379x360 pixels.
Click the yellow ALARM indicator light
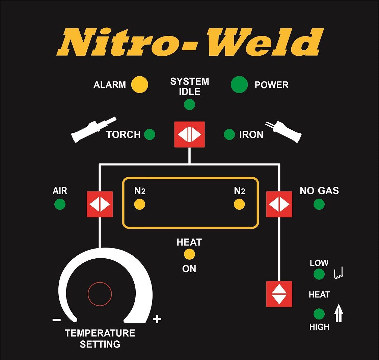pyautogui.click(x=139, y=84)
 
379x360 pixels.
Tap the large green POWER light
pyautogui.click(x=239, y=84)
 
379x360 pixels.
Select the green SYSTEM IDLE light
pyautogui.click(x=189, y=104)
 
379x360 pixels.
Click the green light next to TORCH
pyautogui.click(x=150, y=134)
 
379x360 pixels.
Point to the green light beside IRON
pyautogui.click(x=229, y=134)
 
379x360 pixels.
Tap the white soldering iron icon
pyautogui.click(x=285, y=130)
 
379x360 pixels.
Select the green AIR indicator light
pyautogui.click(x=60, y=204)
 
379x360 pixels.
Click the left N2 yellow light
pyautogui.click(x=139, y=204)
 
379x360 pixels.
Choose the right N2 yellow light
pyautogui.click(x=239, y=204)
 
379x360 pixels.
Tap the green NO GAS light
pyautogui.click(x=319, y=204)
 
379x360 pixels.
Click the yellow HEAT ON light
pyautogui.click(x=189, y=254)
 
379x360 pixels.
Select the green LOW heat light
pyautogui.click(x=319, y=274)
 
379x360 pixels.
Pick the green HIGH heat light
pyautogui.click(x=319, y=314)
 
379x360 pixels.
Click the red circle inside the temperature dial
pyautogui.click(x=100, y=294)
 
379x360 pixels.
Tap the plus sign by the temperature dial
pyautogui.click(x=157, y=319)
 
